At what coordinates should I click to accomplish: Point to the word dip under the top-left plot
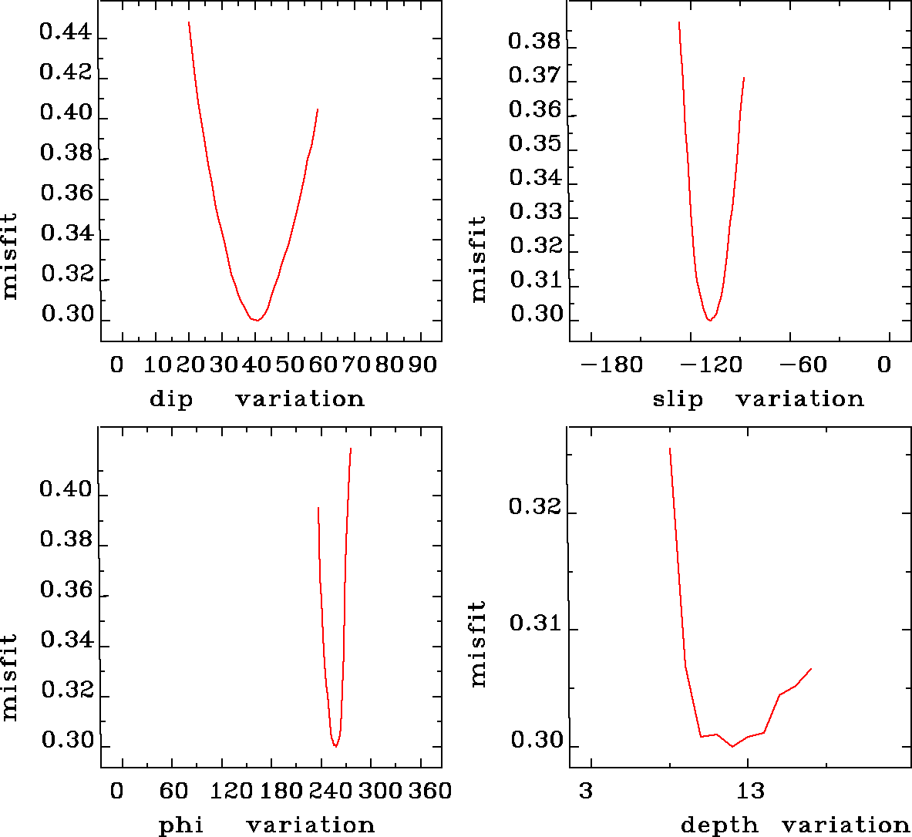(170, 399)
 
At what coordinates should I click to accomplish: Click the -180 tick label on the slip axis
(612, 365)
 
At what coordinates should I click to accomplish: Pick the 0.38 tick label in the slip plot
(534, 41)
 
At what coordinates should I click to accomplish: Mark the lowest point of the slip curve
(710, 320)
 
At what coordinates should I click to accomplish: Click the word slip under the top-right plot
(678, 399)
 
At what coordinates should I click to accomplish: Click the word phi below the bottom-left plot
(181, 825)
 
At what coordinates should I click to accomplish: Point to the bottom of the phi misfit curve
(335, 746)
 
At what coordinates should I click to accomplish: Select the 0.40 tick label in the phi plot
(66, 490)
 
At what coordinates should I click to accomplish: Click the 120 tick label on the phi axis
(232, 791)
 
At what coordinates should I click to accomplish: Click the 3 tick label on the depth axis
(586, 791)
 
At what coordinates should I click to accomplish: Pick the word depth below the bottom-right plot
(718, 825)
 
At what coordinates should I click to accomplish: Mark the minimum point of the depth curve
(732, 746)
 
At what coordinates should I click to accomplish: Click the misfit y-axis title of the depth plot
(479, 644)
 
